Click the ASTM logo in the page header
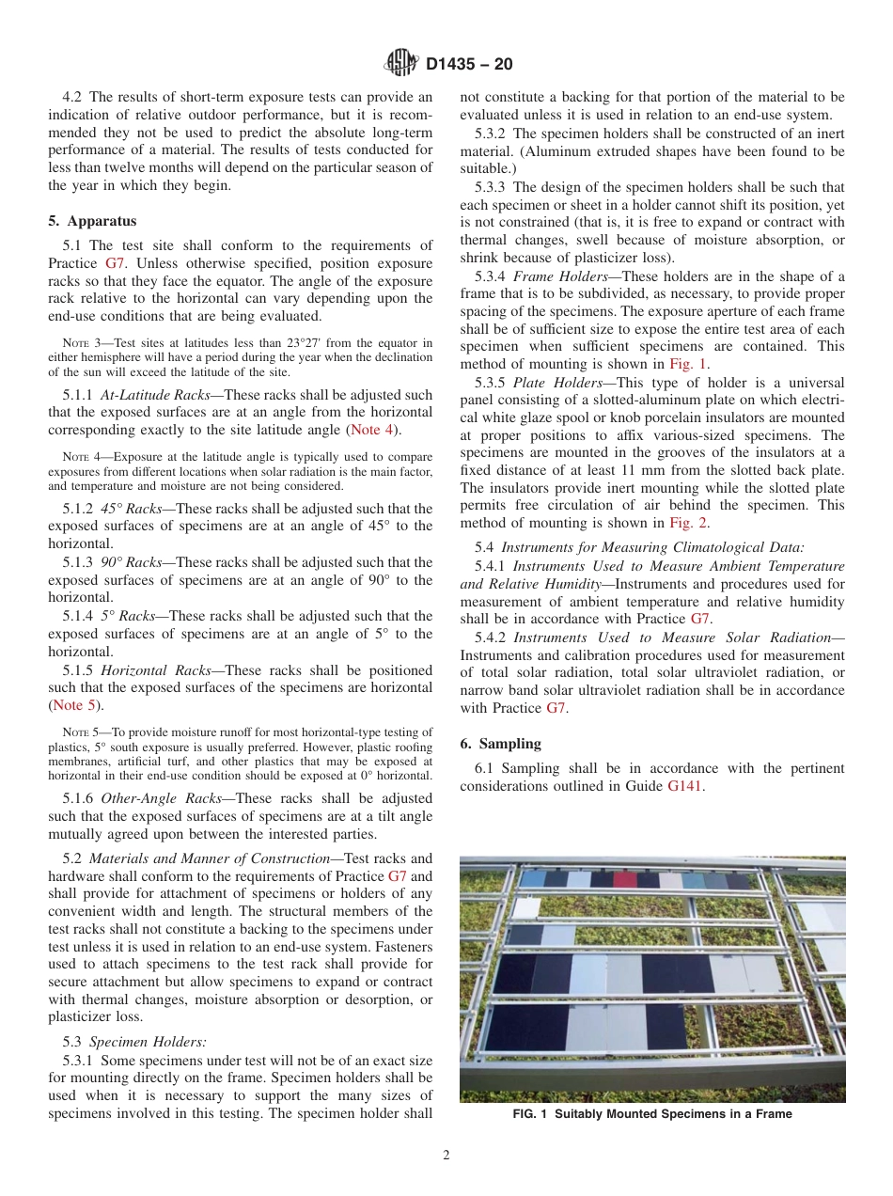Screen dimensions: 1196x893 point(401,64)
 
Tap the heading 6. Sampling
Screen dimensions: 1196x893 point(500,743)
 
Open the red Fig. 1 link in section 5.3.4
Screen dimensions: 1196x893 point(688,364)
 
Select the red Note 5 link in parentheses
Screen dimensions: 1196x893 point(78,705)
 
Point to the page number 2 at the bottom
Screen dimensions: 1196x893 point(446,1156)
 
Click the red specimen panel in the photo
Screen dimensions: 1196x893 point(625,880)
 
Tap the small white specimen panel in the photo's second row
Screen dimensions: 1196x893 point(526,909)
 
